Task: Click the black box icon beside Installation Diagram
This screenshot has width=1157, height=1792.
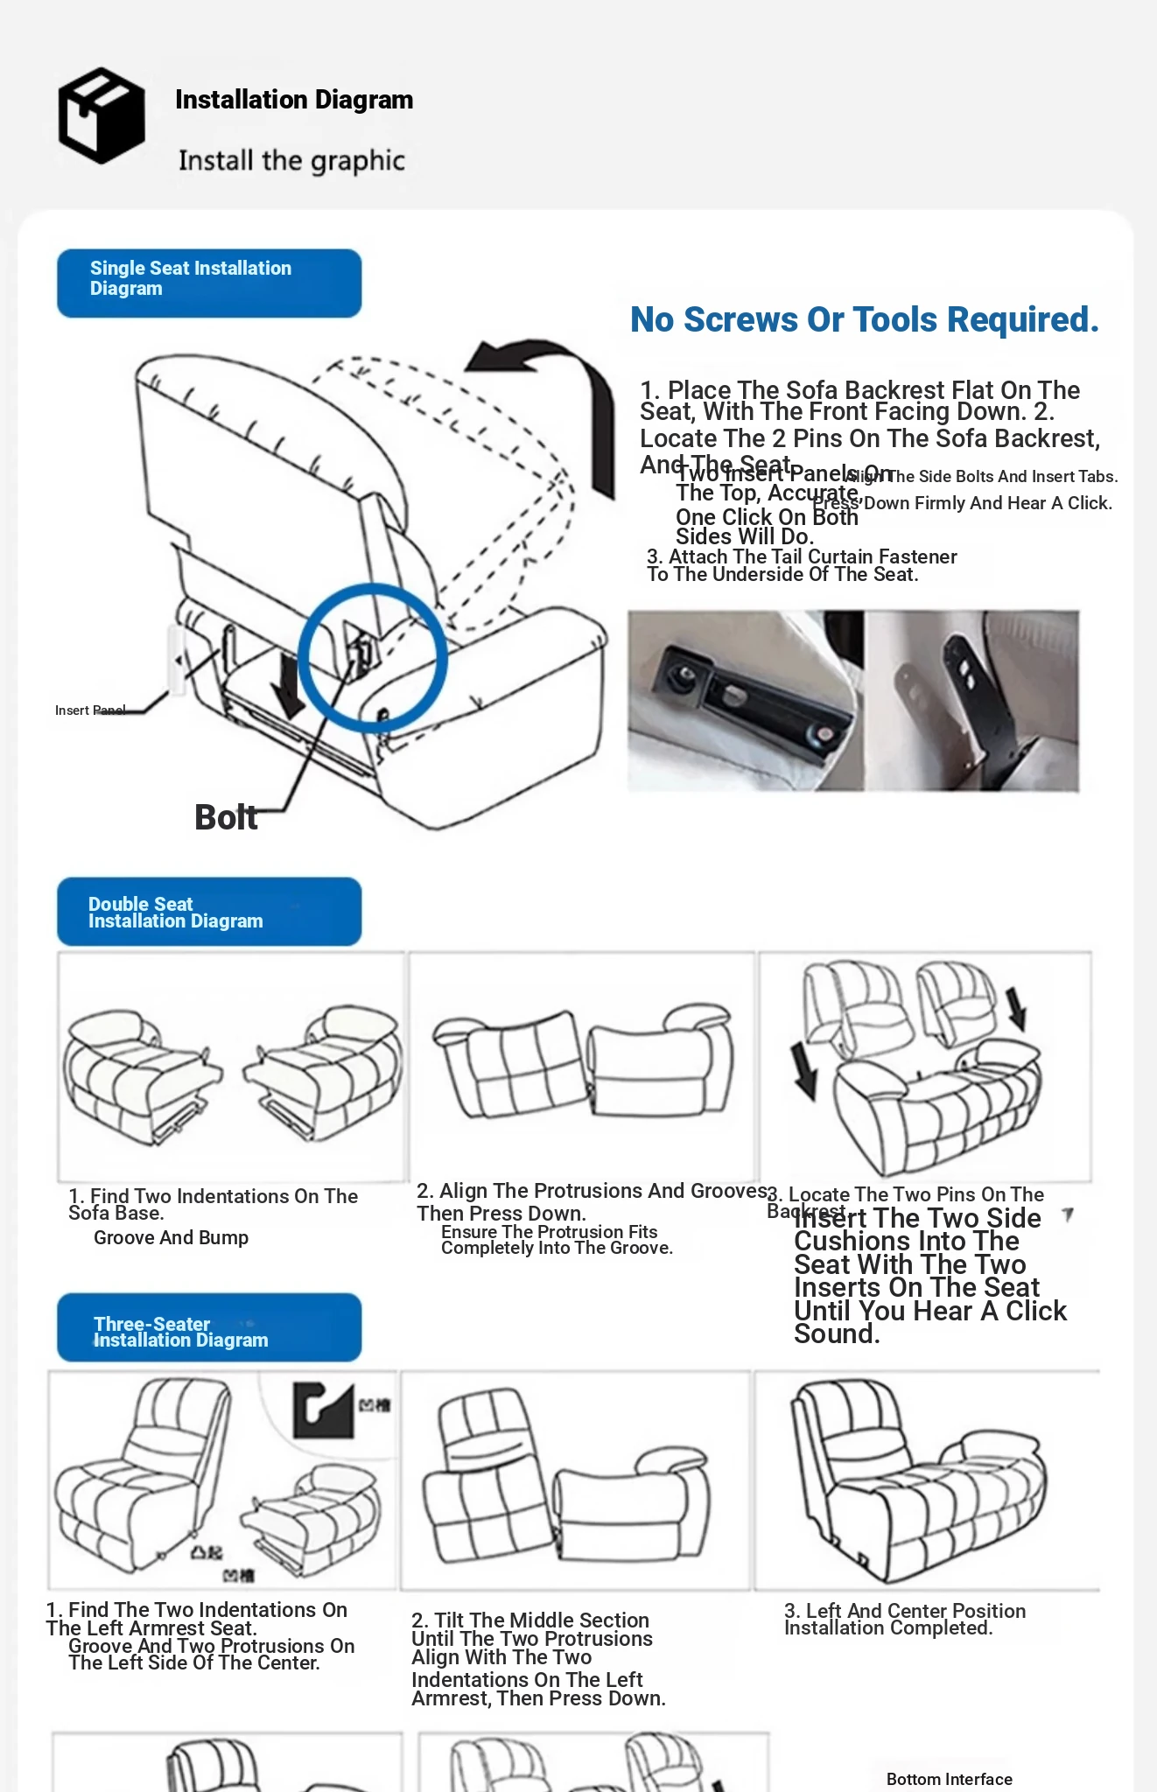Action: click(102, 115)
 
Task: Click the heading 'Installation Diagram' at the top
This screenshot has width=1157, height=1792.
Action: click(294, 100)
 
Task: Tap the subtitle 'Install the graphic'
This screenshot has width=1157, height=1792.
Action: click(291, 160)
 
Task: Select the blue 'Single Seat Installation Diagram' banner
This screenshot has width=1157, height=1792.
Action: click(209, 283)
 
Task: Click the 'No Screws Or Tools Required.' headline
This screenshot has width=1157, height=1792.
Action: click(864, 320)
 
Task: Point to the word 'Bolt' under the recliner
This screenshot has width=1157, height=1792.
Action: click(226, 817)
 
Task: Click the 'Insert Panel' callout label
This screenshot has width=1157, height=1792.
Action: click(90, 710)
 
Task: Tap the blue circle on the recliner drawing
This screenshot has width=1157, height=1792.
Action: click(373, 658)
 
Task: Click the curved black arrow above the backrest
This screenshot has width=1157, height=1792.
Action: click(551, 394)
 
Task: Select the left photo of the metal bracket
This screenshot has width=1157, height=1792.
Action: click(746, 701)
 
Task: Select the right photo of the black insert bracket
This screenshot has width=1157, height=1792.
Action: click(971, 701)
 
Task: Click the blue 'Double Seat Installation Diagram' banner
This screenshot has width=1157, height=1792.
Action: click(209, 912)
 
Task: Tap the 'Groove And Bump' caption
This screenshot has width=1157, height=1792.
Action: click(172, 1238)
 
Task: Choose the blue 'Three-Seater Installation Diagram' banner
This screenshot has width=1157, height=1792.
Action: click(209, 1327)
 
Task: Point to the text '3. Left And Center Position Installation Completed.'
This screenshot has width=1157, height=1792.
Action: click(904, 1620)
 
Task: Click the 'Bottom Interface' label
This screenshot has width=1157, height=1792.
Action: click(949, 1779)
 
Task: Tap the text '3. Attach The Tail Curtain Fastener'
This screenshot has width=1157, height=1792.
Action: click(802, 557)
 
